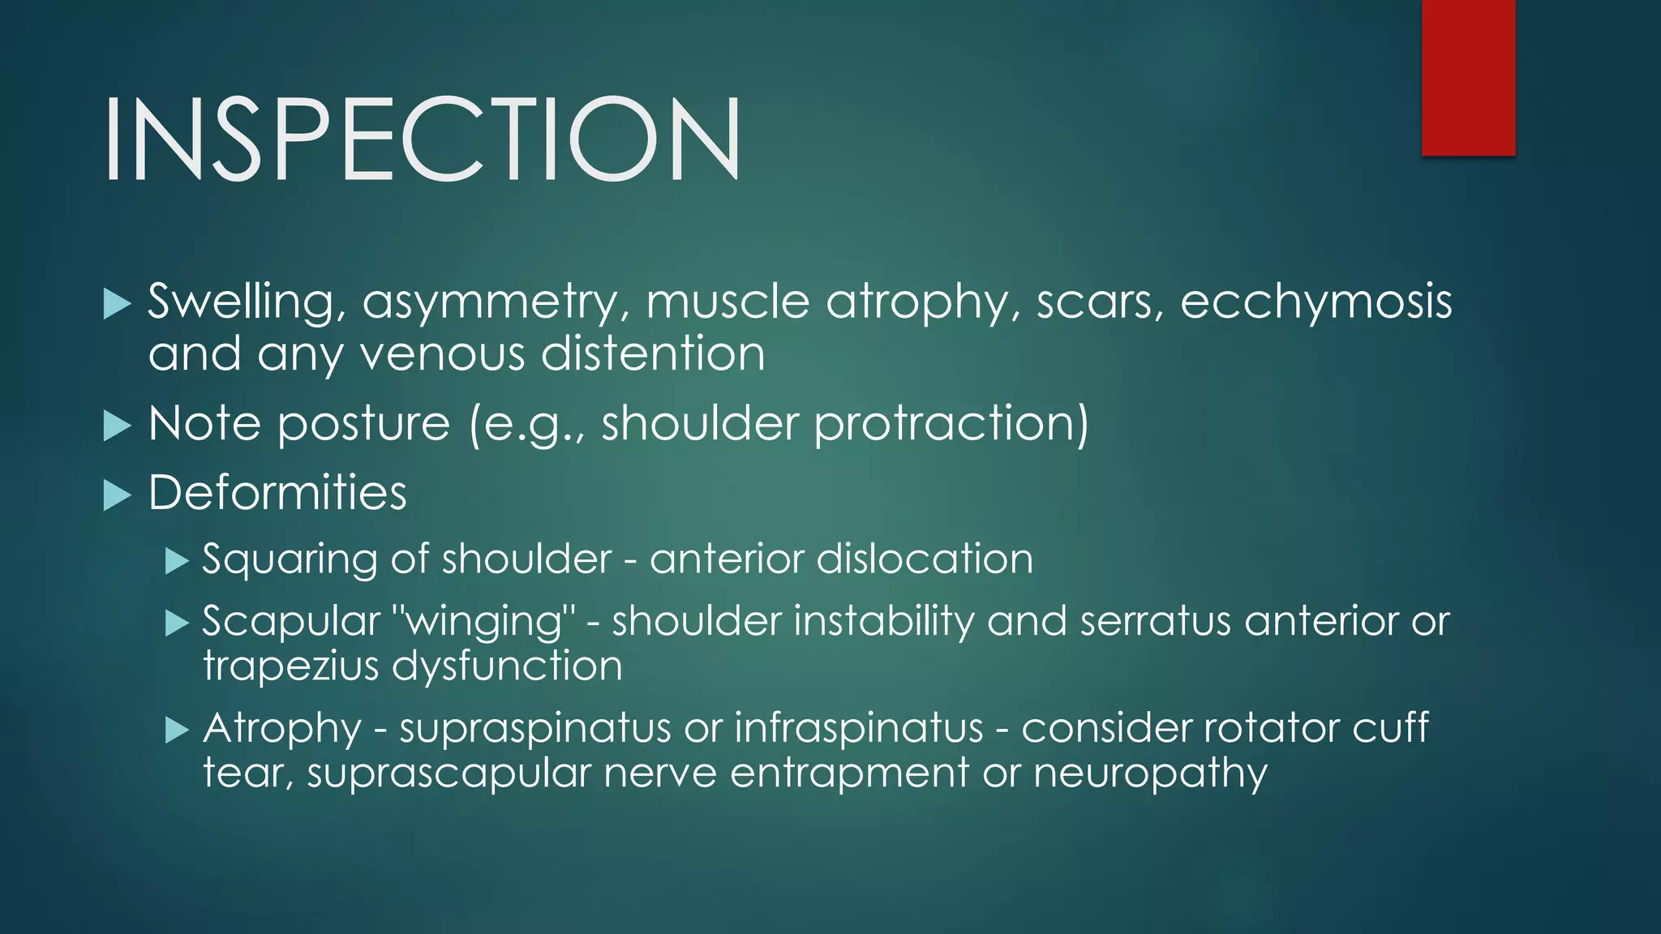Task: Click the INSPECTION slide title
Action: pyautogui.click(x=422, y=138)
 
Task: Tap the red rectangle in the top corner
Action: pyautogui.click(x=1468, y=78)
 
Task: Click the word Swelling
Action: pyautogui.click(x=241, y=302)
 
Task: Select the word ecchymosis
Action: pyautogui.click(x=1315, y=302)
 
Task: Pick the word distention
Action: pyautogui.click(x=653, y=354)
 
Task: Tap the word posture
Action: pyautogui.click(x=363, y=424)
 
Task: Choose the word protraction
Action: pyautogui.click(x=951, y=424)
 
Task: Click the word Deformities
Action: pyautogui.click(x=277, y=493)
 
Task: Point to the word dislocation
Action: pyautogui.click(x=925, y=559)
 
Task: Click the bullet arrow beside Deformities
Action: pyautogui.click(x=118, y=495)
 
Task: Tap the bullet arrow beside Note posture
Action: pyautogui.click(x=118, y=425)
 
